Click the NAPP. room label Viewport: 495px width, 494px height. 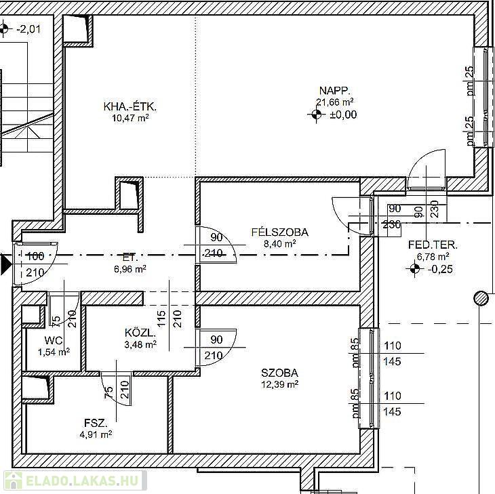[x=334, y=91]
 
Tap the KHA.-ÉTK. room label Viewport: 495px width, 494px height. [x=130, y=106]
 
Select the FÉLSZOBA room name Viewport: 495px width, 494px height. [x=279, y=232]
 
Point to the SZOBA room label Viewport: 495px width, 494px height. [x=279, y=373]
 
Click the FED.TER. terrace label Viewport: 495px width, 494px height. [x=433, y=245]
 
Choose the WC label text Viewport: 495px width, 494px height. [x=54, y=340]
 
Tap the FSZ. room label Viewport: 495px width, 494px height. [x=96, y=423]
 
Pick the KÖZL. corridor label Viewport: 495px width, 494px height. [x=140, y=333]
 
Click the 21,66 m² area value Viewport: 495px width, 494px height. [x=334, y=102]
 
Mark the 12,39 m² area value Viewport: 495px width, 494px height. [x=279, y=384]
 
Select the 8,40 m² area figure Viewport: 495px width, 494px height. [x=279, y=243]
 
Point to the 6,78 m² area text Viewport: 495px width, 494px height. [x=433, y=256]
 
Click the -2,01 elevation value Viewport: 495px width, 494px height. [x=28, y=29]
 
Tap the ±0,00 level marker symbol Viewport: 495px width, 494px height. [x=316, y=115]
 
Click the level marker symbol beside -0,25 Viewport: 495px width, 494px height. [x=415, y=269]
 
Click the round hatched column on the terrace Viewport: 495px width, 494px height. [x=481, y=298]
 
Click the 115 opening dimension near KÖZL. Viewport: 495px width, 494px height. [x=161, y=318]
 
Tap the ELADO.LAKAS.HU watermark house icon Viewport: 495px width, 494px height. [x=14, y=480]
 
